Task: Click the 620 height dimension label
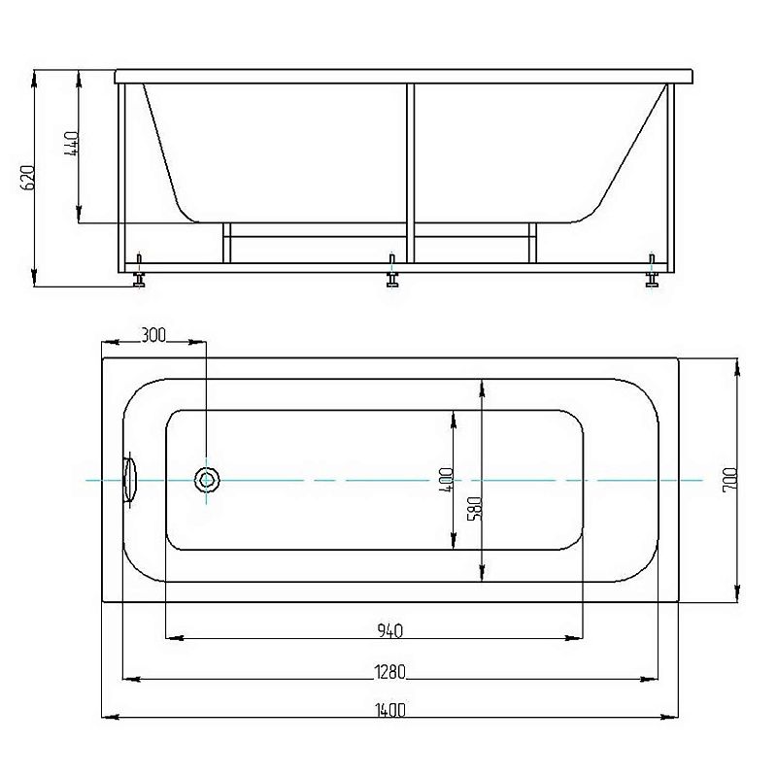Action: tap(28, 178)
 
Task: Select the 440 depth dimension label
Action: tap(71, 144)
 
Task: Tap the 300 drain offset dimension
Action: tap(153, 335)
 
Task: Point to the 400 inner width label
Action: tap(447, 479)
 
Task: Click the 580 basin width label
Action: tap(475, 509)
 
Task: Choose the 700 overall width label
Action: tap(730, 479)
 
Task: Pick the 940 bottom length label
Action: tap(390, 630)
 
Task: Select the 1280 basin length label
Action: tap(390, 672)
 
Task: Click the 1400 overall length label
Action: tap(390, 710)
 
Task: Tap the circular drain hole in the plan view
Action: tap(206, 479)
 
